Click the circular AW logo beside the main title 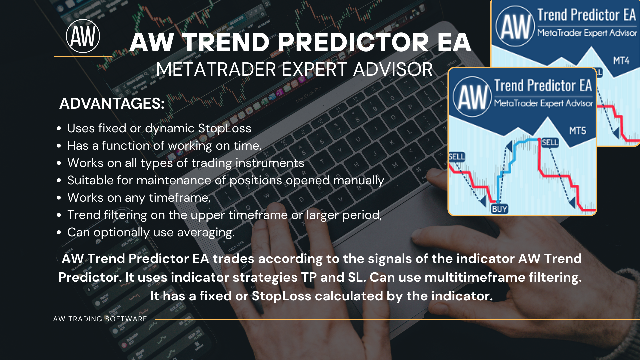[83, 36]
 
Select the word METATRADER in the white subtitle [216, 69]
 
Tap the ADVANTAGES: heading [112, 103]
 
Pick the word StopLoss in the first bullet [225, 128]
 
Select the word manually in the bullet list [359, 181]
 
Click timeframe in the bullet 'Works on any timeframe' [180, 198]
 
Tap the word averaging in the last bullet [206, 233]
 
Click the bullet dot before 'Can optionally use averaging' [59, 232]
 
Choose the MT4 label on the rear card [621, 61]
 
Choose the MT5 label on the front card [578, 131]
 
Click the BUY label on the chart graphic [500, 209]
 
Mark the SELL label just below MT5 [550, 143]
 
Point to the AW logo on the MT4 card [515, 26]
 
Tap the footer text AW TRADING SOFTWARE [100, 319]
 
